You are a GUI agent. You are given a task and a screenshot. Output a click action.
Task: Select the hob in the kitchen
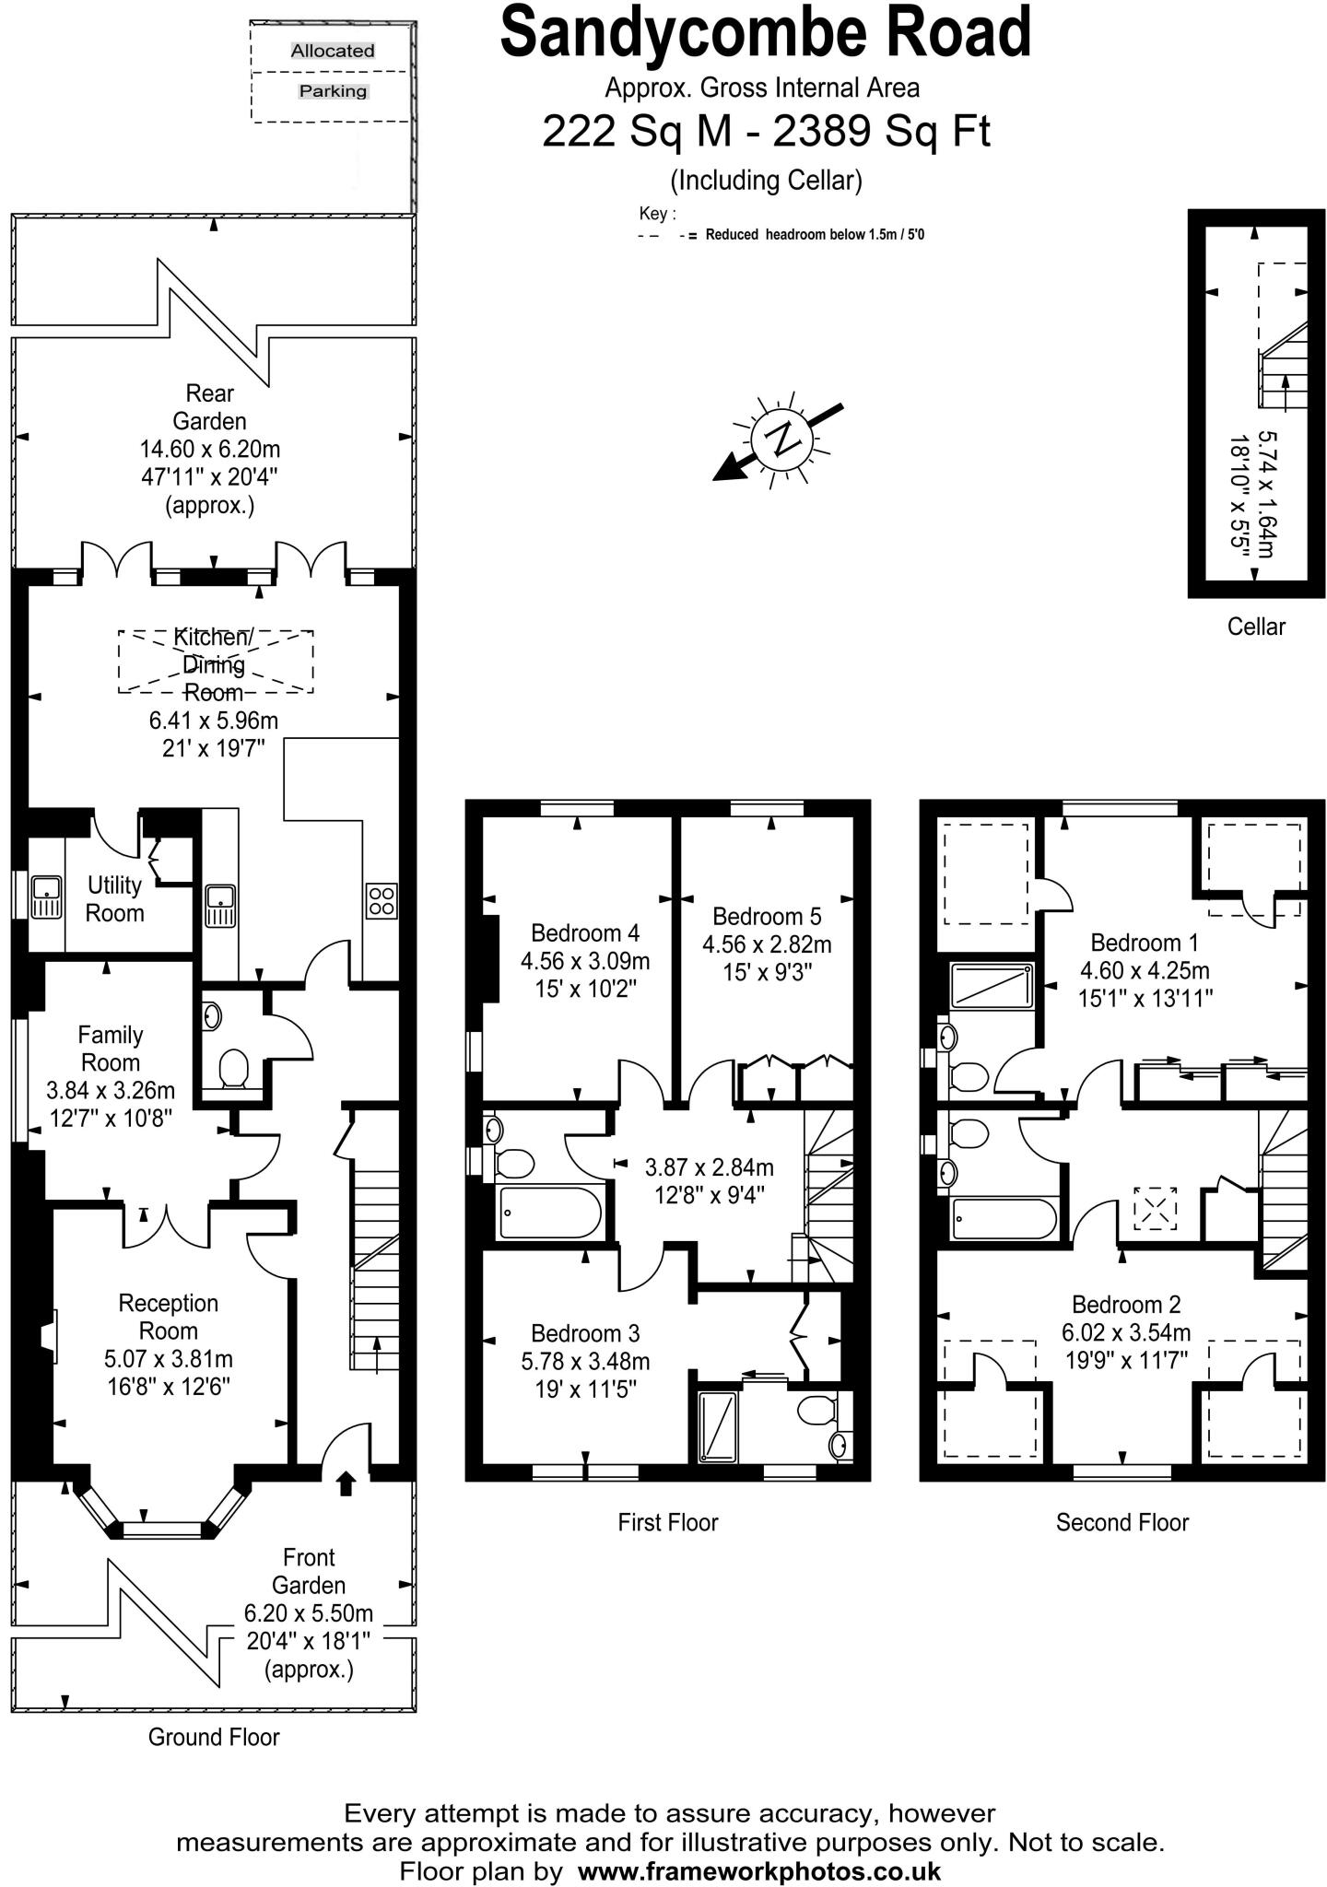pos(382,900)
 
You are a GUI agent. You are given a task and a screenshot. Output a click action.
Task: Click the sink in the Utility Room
pos(45,898)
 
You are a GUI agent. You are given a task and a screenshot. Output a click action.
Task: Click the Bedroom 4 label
pos(585,932)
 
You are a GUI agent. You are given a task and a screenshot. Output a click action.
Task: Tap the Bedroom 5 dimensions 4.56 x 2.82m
pos(767,944)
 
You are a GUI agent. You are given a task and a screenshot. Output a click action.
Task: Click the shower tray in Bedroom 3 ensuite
pos(719,1427)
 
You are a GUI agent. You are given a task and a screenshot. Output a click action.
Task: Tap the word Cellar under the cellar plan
pos(1255,627)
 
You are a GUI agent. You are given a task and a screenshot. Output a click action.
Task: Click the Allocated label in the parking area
pos(333,51)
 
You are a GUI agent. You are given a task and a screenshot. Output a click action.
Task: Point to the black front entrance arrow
pos(346,1483)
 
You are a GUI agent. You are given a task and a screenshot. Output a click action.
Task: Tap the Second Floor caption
pos(1121,1522)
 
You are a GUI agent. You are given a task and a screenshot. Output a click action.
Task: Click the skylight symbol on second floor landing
pos(1154,1208)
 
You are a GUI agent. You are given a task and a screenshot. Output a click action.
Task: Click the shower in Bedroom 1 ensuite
pos(991,985)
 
